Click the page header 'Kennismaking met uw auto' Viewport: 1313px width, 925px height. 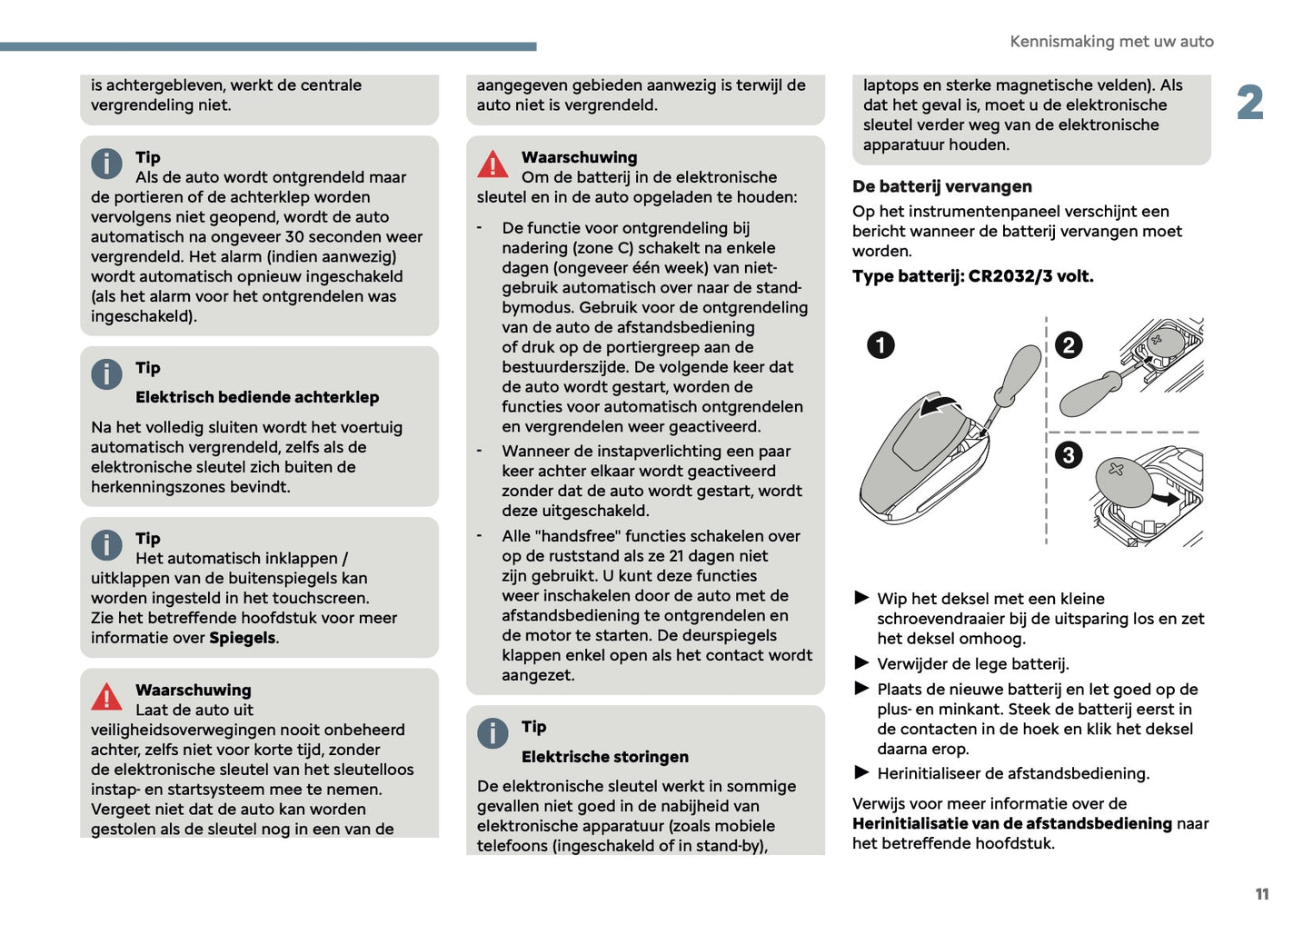point(1111,42)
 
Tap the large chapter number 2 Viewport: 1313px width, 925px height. point(1250,103)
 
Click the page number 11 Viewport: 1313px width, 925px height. point(1261,894)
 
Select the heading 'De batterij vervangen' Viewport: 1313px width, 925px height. point(941,186)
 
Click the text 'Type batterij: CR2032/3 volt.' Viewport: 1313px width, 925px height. point(972,276)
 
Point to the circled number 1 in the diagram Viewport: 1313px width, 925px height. point(880,345)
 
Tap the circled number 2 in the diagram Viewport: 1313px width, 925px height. point(1069,345)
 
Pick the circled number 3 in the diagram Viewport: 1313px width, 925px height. point(1069,454)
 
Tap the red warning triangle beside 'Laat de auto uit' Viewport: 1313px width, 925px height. point(106,697)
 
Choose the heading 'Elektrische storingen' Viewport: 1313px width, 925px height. point(604,757)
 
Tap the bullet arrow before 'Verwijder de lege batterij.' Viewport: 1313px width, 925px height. point(861,662)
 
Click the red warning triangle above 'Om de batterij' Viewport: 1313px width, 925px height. point(492,164)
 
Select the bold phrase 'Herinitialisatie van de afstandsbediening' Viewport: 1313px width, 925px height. point(1011,823)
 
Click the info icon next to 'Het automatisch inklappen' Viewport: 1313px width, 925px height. point(106,545)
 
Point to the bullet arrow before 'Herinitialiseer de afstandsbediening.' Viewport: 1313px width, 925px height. point(861,772)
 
